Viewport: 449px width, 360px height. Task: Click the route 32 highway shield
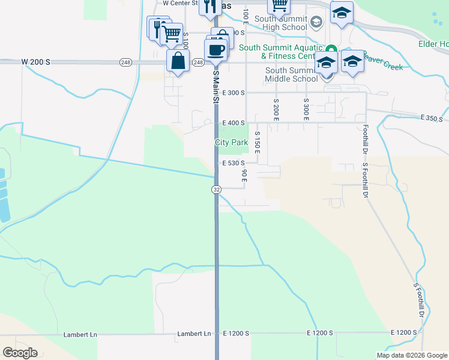click(217, 189)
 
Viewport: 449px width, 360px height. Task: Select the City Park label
click(232, 143)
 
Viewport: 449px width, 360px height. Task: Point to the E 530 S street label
click(234, 163)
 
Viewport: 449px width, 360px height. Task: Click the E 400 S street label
click(234, 123)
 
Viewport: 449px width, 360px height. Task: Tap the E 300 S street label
click(234, 93)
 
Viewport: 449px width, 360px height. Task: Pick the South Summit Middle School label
click(292, 74)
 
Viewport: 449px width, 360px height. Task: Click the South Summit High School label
click(281, 23)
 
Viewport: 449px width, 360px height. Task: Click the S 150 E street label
click(257, 145)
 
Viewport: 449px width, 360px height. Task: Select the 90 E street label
click(245, 175)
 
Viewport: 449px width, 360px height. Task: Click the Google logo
click(20, 353)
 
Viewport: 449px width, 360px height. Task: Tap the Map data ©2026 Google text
click(412, 355)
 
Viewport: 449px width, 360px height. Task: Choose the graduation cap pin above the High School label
click(342, 13)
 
